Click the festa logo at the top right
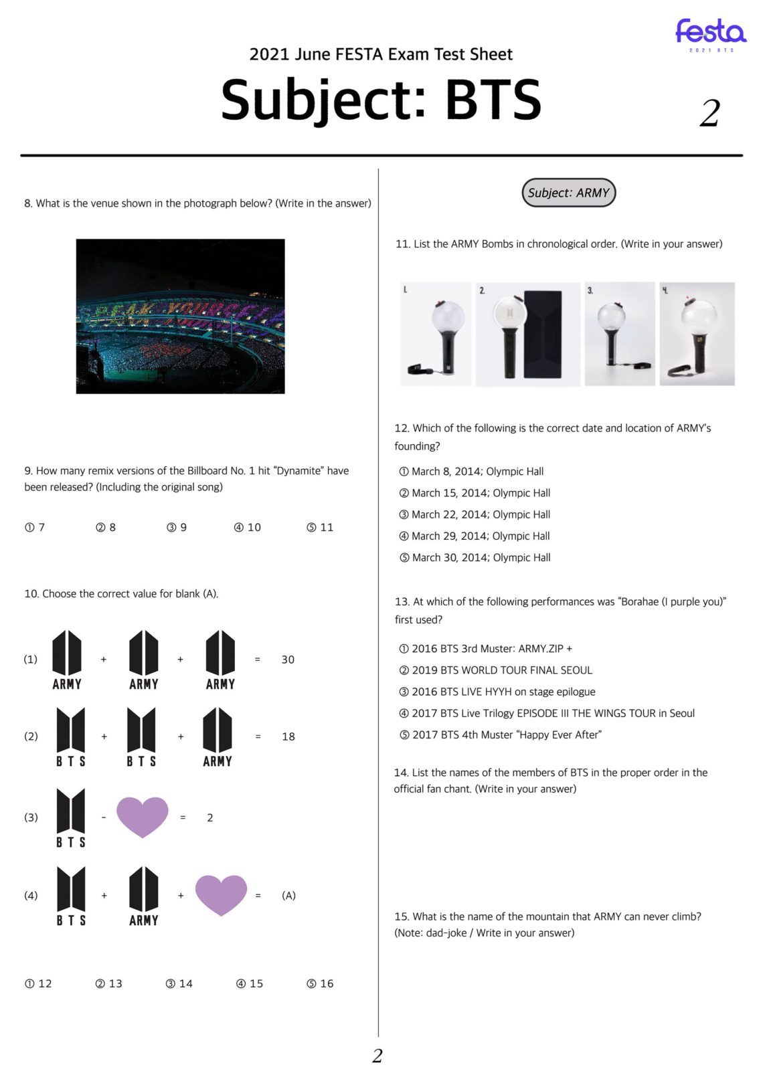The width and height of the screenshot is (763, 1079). point(710,33)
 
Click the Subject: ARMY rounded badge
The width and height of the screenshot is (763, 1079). point(568,193)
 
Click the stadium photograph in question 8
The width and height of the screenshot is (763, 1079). point(180,316)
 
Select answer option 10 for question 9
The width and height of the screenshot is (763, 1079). point(248,527)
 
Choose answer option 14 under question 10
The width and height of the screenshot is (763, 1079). point(179,983)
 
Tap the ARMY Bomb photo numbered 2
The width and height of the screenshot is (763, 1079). point(527,334)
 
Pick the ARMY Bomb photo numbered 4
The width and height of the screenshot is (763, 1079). point(697,334)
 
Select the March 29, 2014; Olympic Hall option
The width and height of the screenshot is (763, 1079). point(475,536)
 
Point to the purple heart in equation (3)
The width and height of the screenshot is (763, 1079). point(142,816)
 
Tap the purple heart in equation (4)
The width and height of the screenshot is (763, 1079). point(221,894)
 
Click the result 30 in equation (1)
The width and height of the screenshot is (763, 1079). point(288,660)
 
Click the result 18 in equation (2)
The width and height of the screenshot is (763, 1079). point(288,737)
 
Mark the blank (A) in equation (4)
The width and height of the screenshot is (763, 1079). point(288,895)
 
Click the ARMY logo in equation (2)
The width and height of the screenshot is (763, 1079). point(218,736)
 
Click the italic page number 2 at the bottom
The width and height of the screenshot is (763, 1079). point(377,1056)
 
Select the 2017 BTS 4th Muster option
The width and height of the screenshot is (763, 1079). point(500,734)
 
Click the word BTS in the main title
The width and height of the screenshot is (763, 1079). point(493,100)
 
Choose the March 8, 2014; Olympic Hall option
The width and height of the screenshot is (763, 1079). point(471,472)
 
